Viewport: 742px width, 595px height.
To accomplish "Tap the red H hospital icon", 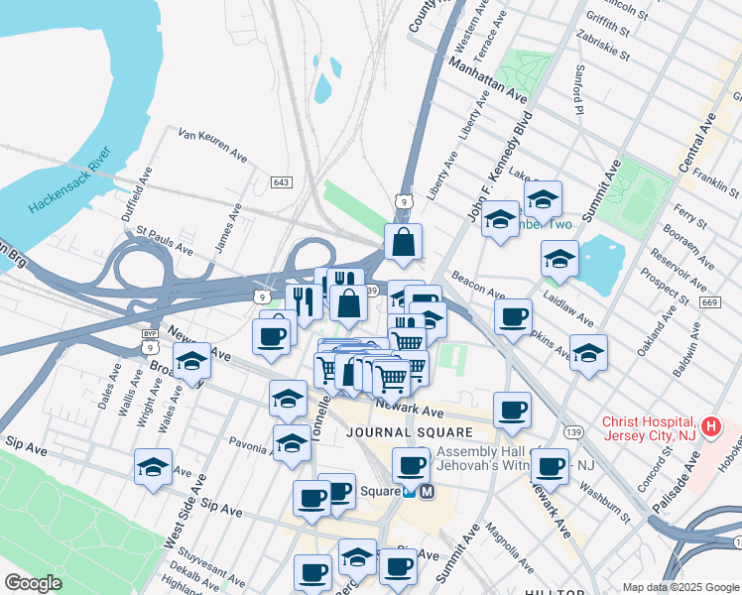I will pos(710,427).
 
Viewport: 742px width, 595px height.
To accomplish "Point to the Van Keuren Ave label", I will pos(212,144).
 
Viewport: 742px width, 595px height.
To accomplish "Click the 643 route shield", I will pos(282,182).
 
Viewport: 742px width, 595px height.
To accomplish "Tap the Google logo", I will pos(33,583).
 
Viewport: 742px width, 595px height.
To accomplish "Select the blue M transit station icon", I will pos(428,491).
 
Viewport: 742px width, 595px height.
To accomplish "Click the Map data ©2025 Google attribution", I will pos(679,587).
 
